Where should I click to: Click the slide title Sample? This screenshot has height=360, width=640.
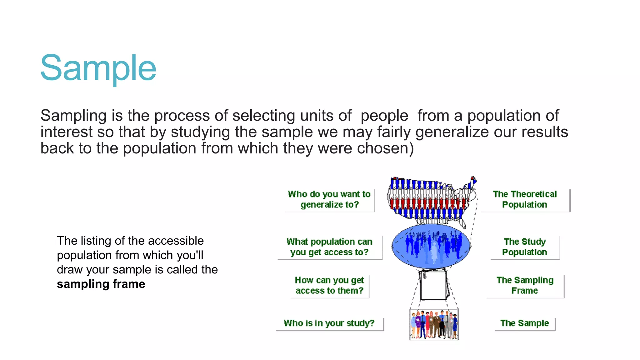point(98,68)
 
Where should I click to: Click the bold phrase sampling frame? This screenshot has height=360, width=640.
point(101,284)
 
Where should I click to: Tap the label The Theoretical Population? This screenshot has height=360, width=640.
point(525,199)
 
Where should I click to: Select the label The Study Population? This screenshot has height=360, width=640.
point(525,247)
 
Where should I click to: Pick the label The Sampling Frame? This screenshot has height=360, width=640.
point(525,285)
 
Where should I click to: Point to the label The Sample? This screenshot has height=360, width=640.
point(524,323)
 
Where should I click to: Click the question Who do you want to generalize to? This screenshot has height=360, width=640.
point(329,199)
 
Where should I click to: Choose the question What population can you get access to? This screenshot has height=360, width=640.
point(329,247)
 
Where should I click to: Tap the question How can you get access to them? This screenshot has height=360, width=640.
point(329,285)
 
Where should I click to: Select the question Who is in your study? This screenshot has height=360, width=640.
point(329,323)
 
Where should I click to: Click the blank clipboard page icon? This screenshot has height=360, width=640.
point(433,285)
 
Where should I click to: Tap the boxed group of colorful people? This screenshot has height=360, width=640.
point(434,324)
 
